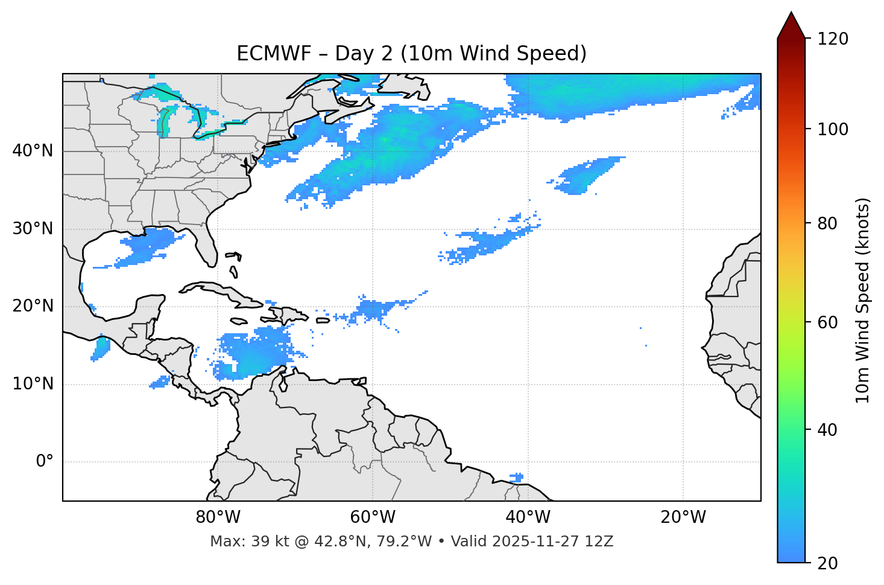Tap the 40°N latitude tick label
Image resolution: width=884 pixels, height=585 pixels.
(x=33, y=151)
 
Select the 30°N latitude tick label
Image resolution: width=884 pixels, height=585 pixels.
(x=33, y=229)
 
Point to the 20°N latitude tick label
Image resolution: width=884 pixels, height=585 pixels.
(x=33, y=306)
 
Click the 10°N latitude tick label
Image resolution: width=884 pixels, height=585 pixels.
(x=33, y=384)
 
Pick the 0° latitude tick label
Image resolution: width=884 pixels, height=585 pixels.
(x=44, y=462)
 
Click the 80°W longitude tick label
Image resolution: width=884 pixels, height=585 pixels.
(x=218, y=517)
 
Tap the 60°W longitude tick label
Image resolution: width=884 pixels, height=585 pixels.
(x=373, y=517)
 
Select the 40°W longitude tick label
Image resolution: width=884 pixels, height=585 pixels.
(x=528, y=517)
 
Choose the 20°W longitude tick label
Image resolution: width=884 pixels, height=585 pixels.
(x=683, y=517)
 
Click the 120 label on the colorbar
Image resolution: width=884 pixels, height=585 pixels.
(x=832, y=39)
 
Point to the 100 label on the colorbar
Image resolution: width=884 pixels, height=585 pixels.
(x=832, y=129)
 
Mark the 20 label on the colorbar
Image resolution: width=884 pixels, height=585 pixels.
(x=828, y=563)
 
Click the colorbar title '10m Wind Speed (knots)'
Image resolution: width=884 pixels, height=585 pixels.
(x=863, y=300)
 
